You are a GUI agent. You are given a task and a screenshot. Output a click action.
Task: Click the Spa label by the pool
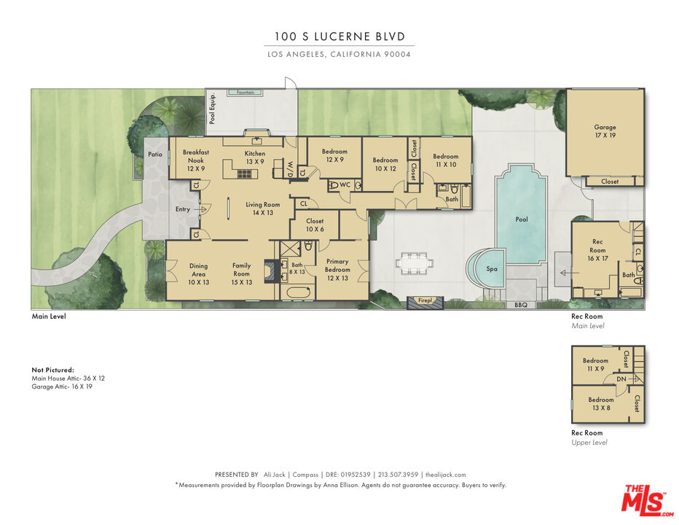(x=492, y=269)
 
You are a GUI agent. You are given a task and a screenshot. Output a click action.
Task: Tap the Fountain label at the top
(x=246, y=93)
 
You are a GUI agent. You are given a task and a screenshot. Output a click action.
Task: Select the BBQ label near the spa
(x=521, y=305)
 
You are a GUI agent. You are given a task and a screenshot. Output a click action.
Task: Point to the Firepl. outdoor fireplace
(x=425, y=302)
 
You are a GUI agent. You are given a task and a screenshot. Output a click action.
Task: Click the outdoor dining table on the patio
(x=415, y=263)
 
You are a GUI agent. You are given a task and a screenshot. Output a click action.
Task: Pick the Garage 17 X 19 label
(x=605, y=131)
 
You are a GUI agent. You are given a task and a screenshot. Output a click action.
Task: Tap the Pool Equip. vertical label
(x=212, y=109)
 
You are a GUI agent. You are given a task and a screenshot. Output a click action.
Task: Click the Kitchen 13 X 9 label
(x=255, y=157)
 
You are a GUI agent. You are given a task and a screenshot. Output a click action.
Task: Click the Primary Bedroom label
(x=337, y=270)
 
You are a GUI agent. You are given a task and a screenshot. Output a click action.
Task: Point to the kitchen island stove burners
(x=245, y=174)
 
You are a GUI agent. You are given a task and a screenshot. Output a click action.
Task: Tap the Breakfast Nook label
(x=196, y=160)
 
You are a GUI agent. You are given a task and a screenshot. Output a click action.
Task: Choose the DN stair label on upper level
(x=621, y=379)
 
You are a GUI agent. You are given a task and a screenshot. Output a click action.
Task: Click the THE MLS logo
(x=646, y=500)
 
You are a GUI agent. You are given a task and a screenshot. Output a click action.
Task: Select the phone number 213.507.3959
(x=398, y=475)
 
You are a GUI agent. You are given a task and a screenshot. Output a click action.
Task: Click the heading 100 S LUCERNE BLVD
(x=339, y=36)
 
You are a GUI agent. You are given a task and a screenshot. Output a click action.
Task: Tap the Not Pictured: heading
(x=53, y=370)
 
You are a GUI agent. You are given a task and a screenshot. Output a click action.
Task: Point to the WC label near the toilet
(x=345, y=185)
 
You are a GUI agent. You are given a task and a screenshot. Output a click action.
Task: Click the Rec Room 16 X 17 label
(x=597, y=250)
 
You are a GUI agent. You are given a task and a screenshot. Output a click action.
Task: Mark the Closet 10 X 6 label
(x=315, y=225)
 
